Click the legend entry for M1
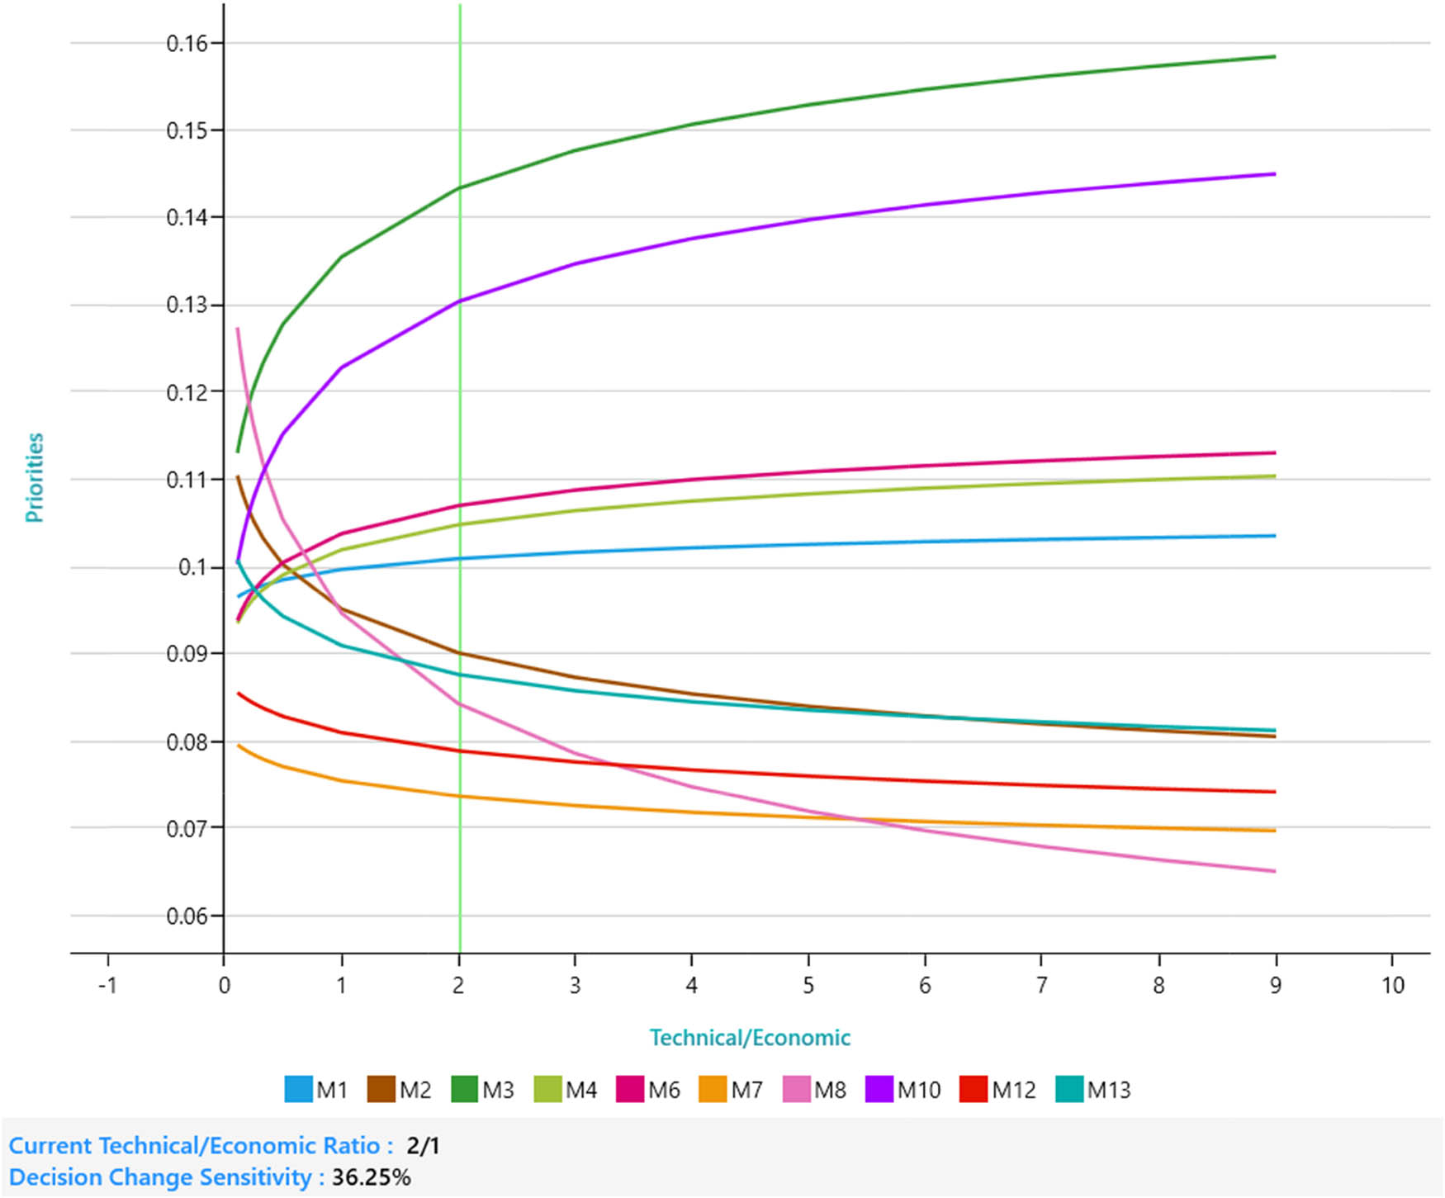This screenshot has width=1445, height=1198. point(316,1090)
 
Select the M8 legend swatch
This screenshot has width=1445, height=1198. point(797,1090)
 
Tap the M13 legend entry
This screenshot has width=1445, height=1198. point(1093,1090)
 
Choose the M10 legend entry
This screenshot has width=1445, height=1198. point(903,1090)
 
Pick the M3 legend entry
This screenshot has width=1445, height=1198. point(483,1090)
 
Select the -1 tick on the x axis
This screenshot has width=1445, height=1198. point(107,986)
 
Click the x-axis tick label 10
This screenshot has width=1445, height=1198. point(1393,986)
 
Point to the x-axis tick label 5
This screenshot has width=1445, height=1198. point(808,986)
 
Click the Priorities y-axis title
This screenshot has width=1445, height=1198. point(34,477)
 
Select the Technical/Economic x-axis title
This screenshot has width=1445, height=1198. point(750,1038)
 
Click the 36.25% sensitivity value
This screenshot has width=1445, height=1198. point(372,1177)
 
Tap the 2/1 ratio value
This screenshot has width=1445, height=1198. point(424,1146)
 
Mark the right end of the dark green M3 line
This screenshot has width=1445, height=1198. point(1275,57)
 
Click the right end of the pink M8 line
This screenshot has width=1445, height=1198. point(1275,871)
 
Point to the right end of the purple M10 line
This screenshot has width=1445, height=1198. point(1275,174)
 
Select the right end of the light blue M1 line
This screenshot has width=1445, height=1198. point(1275,536)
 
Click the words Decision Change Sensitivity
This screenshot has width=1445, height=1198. point(161,1177)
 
